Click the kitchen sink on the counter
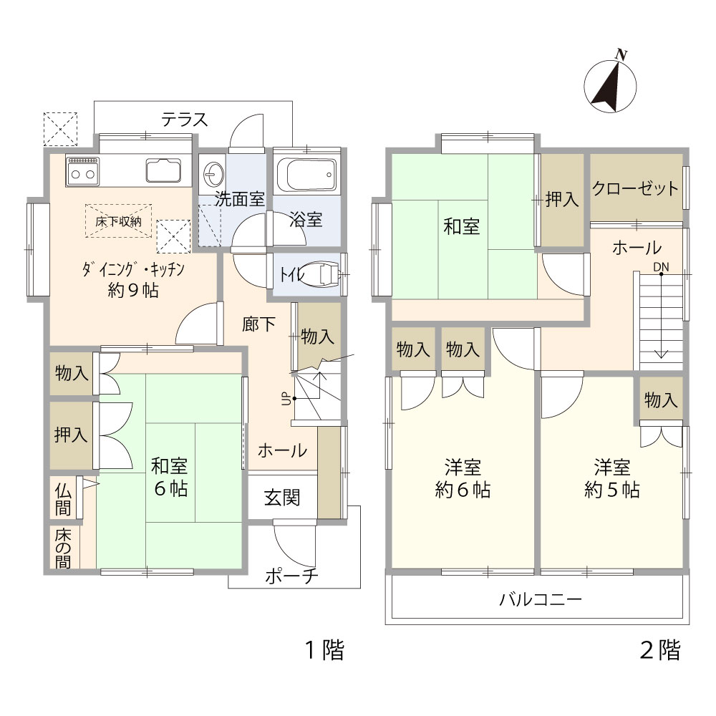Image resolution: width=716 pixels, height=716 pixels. pyautogui.click(x=163, y=170)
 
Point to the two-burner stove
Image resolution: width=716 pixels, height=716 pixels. pyautogui.click(x=82, y=171)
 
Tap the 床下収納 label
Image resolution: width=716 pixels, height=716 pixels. pyautogui.click(x=118, y=222)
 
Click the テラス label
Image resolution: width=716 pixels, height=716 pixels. pyautogui.click(x=185, y=120)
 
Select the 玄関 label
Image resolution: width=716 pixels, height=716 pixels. pyautogui.click(x=282, y=498)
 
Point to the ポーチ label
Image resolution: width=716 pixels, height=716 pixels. pyautogui.click(x=291, y=576)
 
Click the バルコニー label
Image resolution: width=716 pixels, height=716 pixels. pyautogui.click(x=541, y=599)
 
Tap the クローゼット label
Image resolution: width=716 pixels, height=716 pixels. pyautogui.click(x=635, y=188)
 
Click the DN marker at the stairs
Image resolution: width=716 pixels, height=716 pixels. pyautogui.click(x=661, y=266)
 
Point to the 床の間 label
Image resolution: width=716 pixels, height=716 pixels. pyautogui.click(x=63, y=548)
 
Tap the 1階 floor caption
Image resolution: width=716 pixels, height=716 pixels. pyautogui.click(x=324, y=649)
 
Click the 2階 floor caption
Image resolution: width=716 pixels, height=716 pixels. pyautogui.click(x=660, y=649)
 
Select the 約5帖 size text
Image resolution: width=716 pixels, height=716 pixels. pyautogui.click(x=612, y=490)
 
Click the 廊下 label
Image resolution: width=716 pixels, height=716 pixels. pyautogui.click(x=258, y=324)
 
